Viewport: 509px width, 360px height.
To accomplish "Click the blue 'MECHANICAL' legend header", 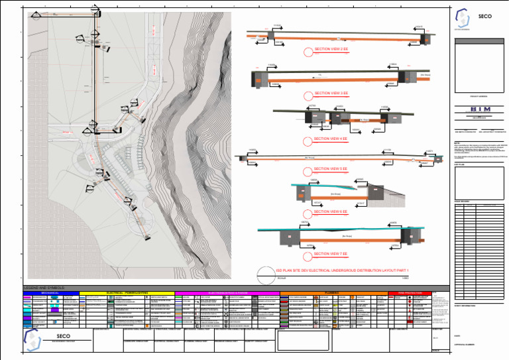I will coord(50,292).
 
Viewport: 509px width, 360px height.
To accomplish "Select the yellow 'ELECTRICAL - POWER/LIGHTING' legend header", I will coord(126,292).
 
